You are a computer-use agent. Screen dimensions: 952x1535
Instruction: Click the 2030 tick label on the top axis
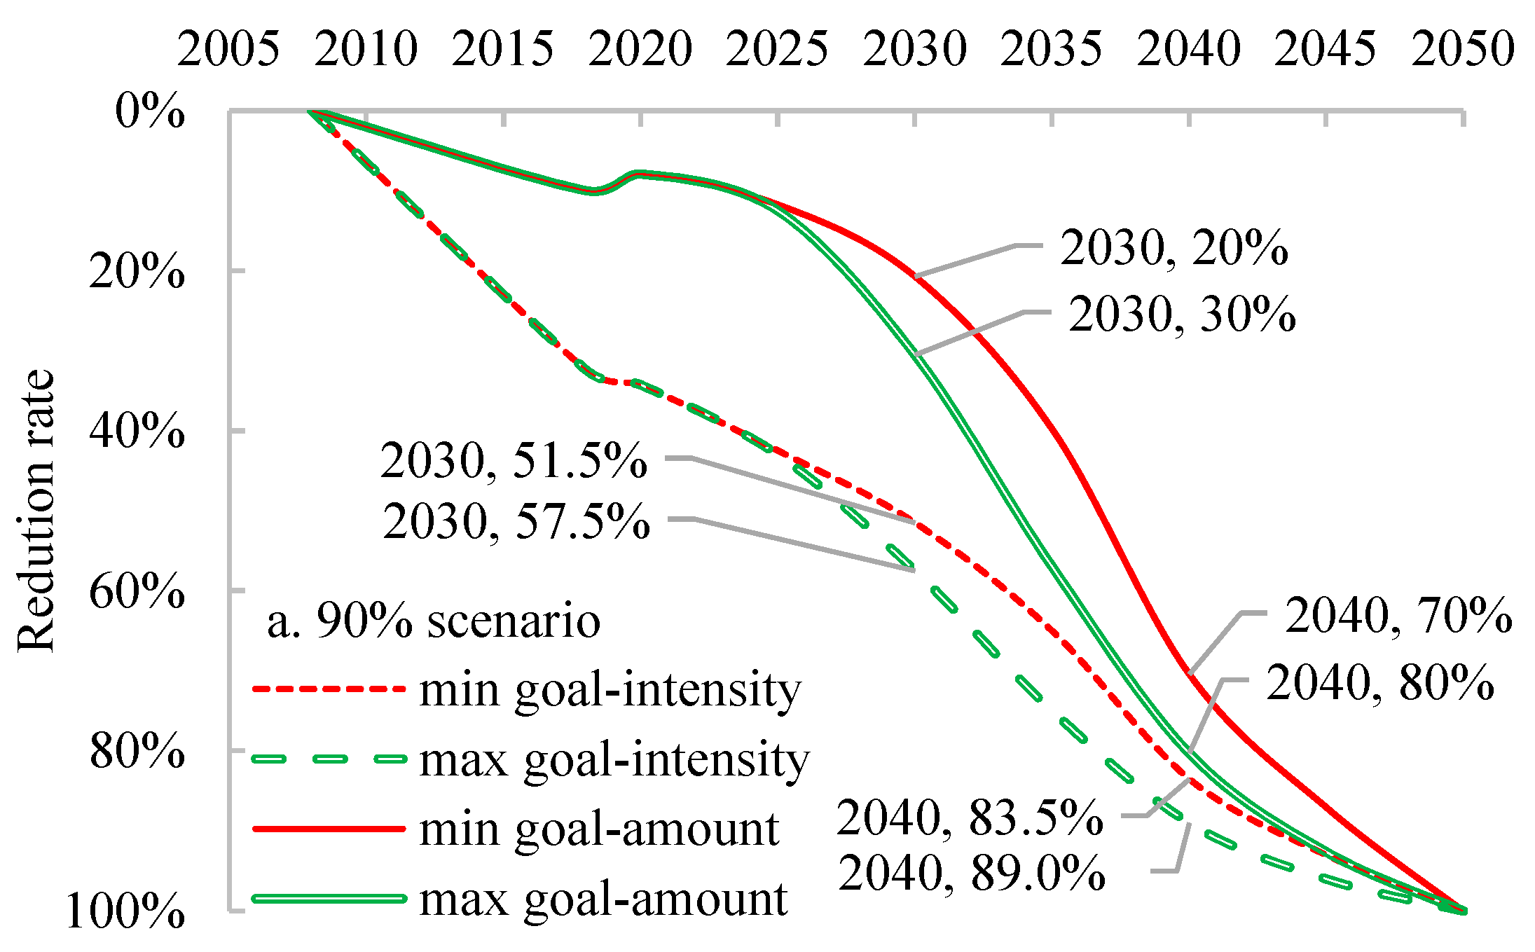[x=914, y=49]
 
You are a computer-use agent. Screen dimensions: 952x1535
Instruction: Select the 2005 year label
[x=228, y=49]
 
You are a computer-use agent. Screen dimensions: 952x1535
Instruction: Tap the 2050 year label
[x=1462, y=49]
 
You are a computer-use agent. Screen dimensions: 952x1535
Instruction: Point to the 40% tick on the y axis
[x=137, y=430]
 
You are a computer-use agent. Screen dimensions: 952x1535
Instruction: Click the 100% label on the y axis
[x=125, y=911]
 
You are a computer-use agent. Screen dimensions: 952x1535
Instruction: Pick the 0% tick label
[x=150, y=111]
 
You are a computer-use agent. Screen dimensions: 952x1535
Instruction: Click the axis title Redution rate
[x=35, y=510]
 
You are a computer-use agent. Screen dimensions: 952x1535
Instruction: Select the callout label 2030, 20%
[x=1173, y=248]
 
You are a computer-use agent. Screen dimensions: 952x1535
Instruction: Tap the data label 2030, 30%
[x=1182, y=314]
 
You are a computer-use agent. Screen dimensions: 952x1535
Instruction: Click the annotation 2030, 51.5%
[x=514, y=461]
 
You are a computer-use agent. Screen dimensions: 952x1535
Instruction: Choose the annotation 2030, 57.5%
[x=516, y=522]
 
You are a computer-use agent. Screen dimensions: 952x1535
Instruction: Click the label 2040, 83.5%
[x=970, y=818]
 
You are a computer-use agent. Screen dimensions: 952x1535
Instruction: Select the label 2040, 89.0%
[x=972, y=874]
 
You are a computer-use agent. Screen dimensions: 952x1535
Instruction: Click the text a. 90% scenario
[x=434, y=621]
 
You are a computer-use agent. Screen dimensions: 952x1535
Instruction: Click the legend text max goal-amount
[x=603, y=899]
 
